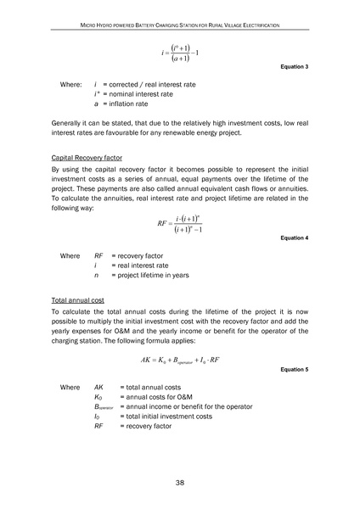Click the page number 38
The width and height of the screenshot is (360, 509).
(180, 482)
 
